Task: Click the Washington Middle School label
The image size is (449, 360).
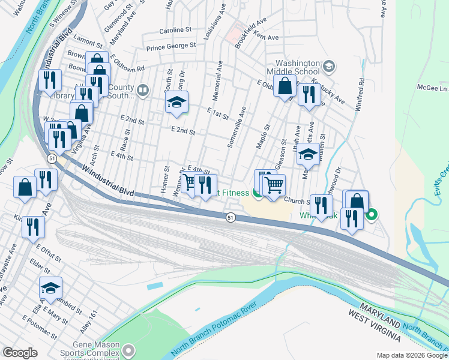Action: (x=298, y=67)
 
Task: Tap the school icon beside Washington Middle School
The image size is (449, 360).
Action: (x=328, y=66)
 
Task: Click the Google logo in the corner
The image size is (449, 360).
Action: (x=20, y=353)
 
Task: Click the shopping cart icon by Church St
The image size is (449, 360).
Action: (x=274, y=185)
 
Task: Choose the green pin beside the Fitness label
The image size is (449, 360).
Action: (x=257, y=193)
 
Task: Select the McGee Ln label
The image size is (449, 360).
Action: (x=435, y=88)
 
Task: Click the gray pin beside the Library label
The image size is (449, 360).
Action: (x=142, y=91)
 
